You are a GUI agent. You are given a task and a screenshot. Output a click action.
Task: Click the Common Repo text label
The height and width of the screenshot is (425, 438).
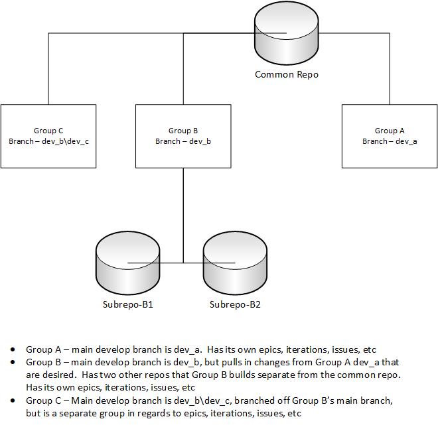tap(287, 74)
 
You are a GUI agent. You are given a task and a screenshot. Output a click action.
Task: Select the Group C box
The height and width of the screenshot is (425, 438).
tap(48, 136)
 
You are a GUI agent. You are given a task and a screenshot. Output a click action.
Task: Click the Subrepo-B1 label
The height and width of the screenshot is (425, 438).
tap(126, 305)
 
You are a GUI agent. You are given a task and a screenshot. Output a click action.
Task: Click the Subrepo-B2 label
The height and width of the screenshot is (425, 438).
tap(236, 305)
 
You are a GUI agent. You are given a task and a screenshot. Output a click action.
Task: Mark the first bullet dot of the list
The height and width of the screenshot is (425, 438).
tap(13, 349)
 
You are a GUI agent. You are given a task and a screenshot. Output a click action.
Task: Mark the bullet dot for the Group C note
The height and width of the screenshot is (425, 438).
tap(13, 400)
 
